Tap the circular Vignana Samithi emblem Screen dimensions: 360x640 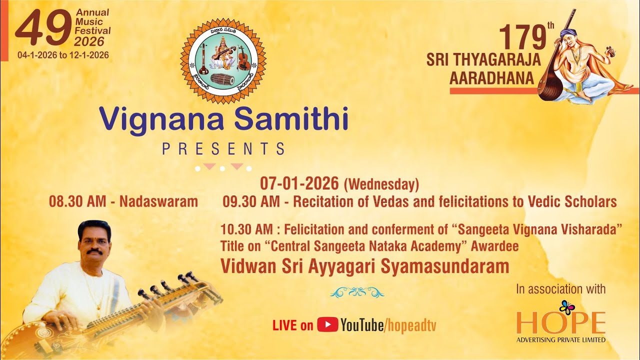click(223, 61)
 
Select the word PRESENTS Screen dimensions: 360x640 click(223, 148)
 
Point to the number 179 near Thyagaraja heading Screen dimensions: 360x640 click(522, 37)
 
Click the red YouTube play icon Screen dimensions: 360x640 click(327, 325)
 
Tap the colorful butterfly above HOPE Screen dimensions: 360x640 click(567, 306)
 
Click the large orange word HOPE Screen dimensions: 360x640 click(560, 324)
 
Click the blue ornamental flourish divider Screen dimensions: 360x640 click(357, 292)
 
